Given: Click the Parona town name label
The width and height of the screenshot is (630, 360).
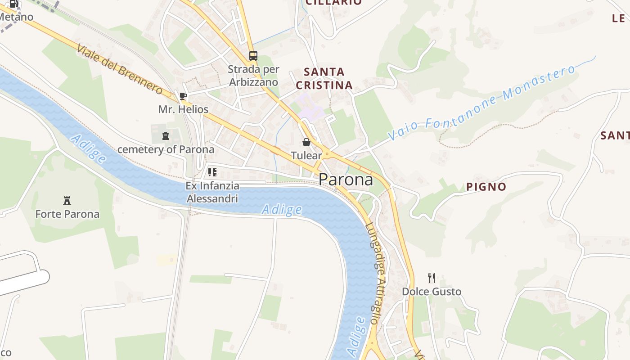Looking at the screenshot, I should (346, 180).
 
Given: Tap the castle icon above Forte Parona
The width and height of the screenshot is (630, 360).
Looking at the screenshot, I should (67, 200).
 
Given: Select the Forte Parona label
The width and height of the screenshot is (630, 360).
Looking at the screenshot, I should (67, 214).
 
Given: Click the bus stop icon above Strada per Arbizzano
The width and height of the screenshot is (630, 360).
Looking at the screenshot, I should (253, 56).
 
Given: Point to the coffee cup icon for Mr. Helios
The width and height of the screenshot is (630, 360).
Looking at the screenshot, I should (183, 96).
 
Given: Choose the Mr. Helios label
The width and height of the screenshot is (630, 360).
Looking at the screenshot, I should (183, 109).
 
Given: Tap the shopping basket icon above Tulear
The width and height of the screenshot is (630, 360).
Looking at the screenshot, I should (306, 142).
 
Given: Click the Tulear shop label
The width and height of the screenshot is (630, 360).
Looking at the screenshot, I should (306, 156).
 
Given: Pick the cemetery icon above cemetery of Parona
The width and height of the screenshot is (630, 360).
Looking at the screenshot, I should (166, 135).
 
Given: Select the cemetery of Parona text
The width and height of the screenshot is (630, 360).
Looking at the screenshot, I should (166, 149).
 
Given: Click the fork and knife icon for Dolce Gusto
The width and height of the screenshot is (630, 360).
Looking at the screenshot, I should (432, 278).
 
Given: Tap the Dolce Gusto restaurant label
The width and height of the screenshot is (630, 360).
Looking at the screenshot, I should (432, 292).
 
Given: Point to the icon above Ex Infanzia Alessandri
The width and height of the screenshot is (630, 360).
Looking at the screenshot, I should (212, 172).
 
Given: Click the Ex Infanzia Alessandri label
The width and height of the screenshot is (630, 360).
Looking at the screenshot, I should (212, 192).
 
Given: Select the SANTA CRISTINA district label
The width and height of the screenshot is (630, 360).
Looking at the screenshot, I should (324, 78).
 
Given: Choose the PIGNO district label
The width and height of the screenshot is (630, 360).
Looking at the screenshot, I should (486, 187).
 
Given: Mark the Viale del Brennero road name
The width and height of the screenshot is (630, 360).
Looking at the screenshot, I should (119, 69).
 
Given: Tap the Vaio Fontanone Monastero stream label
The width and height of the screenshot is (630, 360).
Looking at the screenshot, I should (481, 103).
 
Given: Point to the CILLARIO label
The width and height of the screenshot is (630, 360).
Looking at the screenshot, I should (333, 2).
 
